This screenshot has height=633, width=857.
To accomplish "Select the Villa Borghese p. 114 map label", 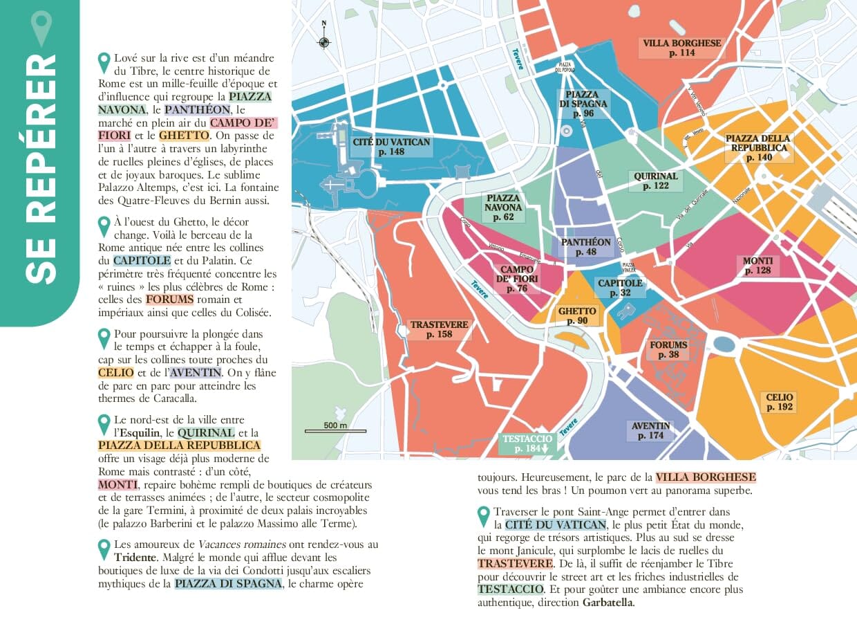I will [681, 48].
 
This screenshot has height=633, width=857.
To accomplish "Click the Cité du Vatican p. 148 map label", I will [391, 147].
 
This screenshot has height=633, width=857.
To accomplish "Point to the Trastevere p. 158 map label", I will [439, 329].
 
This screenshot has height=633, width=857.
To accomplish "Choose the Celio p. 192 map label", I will [780, 403].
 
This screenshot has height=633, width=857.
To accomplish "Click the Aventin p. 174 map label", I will [650, 430].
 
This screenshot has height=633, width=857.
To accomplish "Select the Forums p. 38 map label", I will [668, 350].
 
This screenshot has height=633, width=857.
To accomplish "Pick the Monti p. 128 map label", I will [757, 266].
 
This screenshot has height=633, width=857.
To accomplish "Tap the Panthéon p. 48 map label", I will [586, 247].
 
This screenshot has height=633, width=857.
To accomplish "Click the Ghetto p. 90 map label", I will [576, 315].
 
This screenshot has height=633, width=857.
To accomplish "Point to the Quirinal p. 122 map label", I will [655, 181].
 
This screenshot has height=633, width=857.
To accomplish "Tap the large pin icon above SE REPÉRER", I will [42, 28].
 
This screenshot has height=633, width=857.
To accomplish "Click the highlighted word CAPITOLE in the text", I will [142, 261].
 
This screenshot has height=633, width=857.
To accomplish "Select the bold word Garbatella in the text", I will [608, 603].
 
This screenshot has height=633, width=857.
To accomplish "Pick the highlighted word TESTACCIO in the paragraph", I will [510, 589].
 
